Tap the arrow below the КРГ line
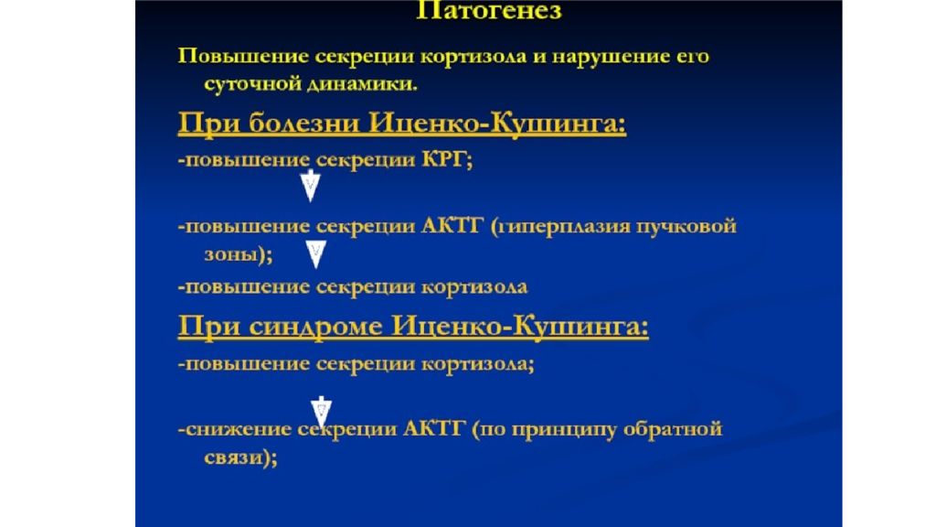click(311, 188)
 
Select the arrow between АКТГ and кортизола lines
click(316, 253)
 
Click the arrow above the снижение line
click(321, 408)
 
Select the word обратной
click(676, 429)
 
